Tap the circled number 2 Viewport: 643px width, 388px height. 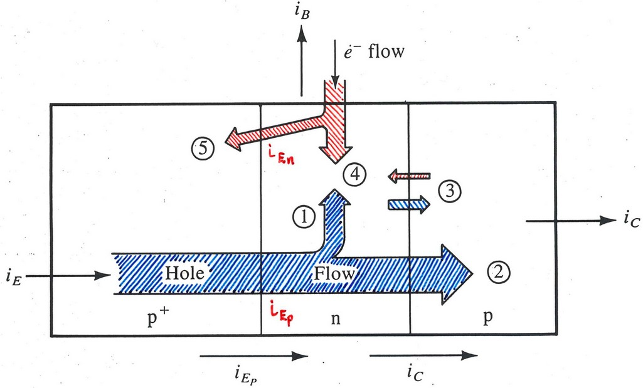point(500,272)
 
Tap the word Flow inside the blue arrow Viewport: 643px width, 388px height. point(334,274)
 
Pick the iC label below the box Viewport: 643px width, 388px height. point(417,376)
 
